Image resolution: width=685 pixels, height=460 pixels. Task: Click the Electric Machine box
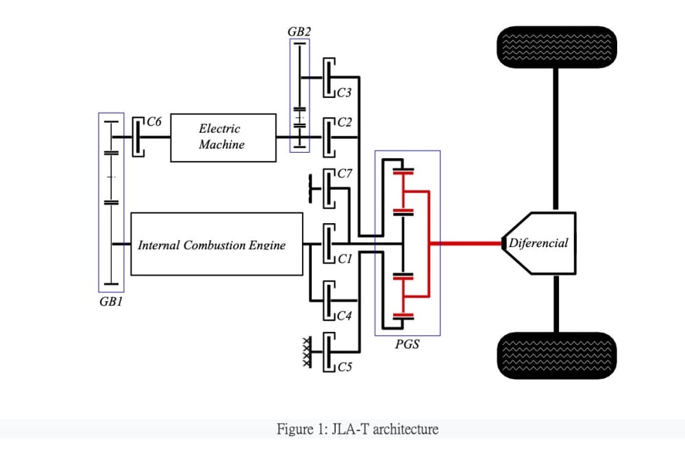coord(223,138)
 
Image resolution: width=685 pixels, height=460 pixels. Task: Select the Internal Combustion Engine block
coord(216,244)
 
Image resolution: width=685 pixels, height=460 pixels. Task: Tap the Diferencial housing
coord(539,243)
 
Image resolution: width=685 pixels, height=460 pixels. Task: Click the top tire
coord(556,47)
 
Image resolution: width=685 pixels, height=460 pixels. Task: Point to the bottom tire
coord(556,355)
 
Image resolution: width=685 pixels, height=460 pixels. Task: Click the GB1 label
coord(111,302)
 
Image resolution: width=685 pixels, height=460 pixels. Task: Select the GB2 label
coord(299,31)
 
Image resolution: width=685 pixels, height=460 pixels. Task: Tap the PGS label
coord(407,344)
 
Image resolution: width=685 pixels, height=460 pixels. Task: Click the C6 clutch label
coord(153,121)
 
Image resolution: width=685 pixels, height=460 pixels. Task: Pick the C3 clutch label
coord(345,92)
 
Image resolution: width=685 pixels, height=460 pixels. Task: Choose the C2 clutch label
coord(345,123)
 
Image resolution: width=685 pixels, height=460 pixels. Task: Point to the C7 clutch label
coord(345,173)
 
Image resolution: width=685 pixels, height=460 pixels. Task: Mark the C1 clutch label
coord(345,259)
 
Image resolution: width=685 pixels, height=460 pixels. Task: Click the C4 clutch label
coord(345,316)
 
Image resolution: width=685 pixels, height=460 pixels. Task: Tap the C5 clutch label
coord(345,367)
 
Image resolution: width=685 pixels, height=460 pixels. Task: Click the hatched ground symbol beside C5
coord(308,352)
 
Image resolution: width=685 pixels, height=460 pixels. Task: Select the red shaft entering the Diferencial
coord(466,243)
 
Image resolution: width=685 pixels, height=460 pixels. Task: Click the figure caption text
coord(358,429)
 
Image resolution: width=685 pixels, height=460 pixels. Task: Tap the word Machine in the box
coord(221,144)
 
